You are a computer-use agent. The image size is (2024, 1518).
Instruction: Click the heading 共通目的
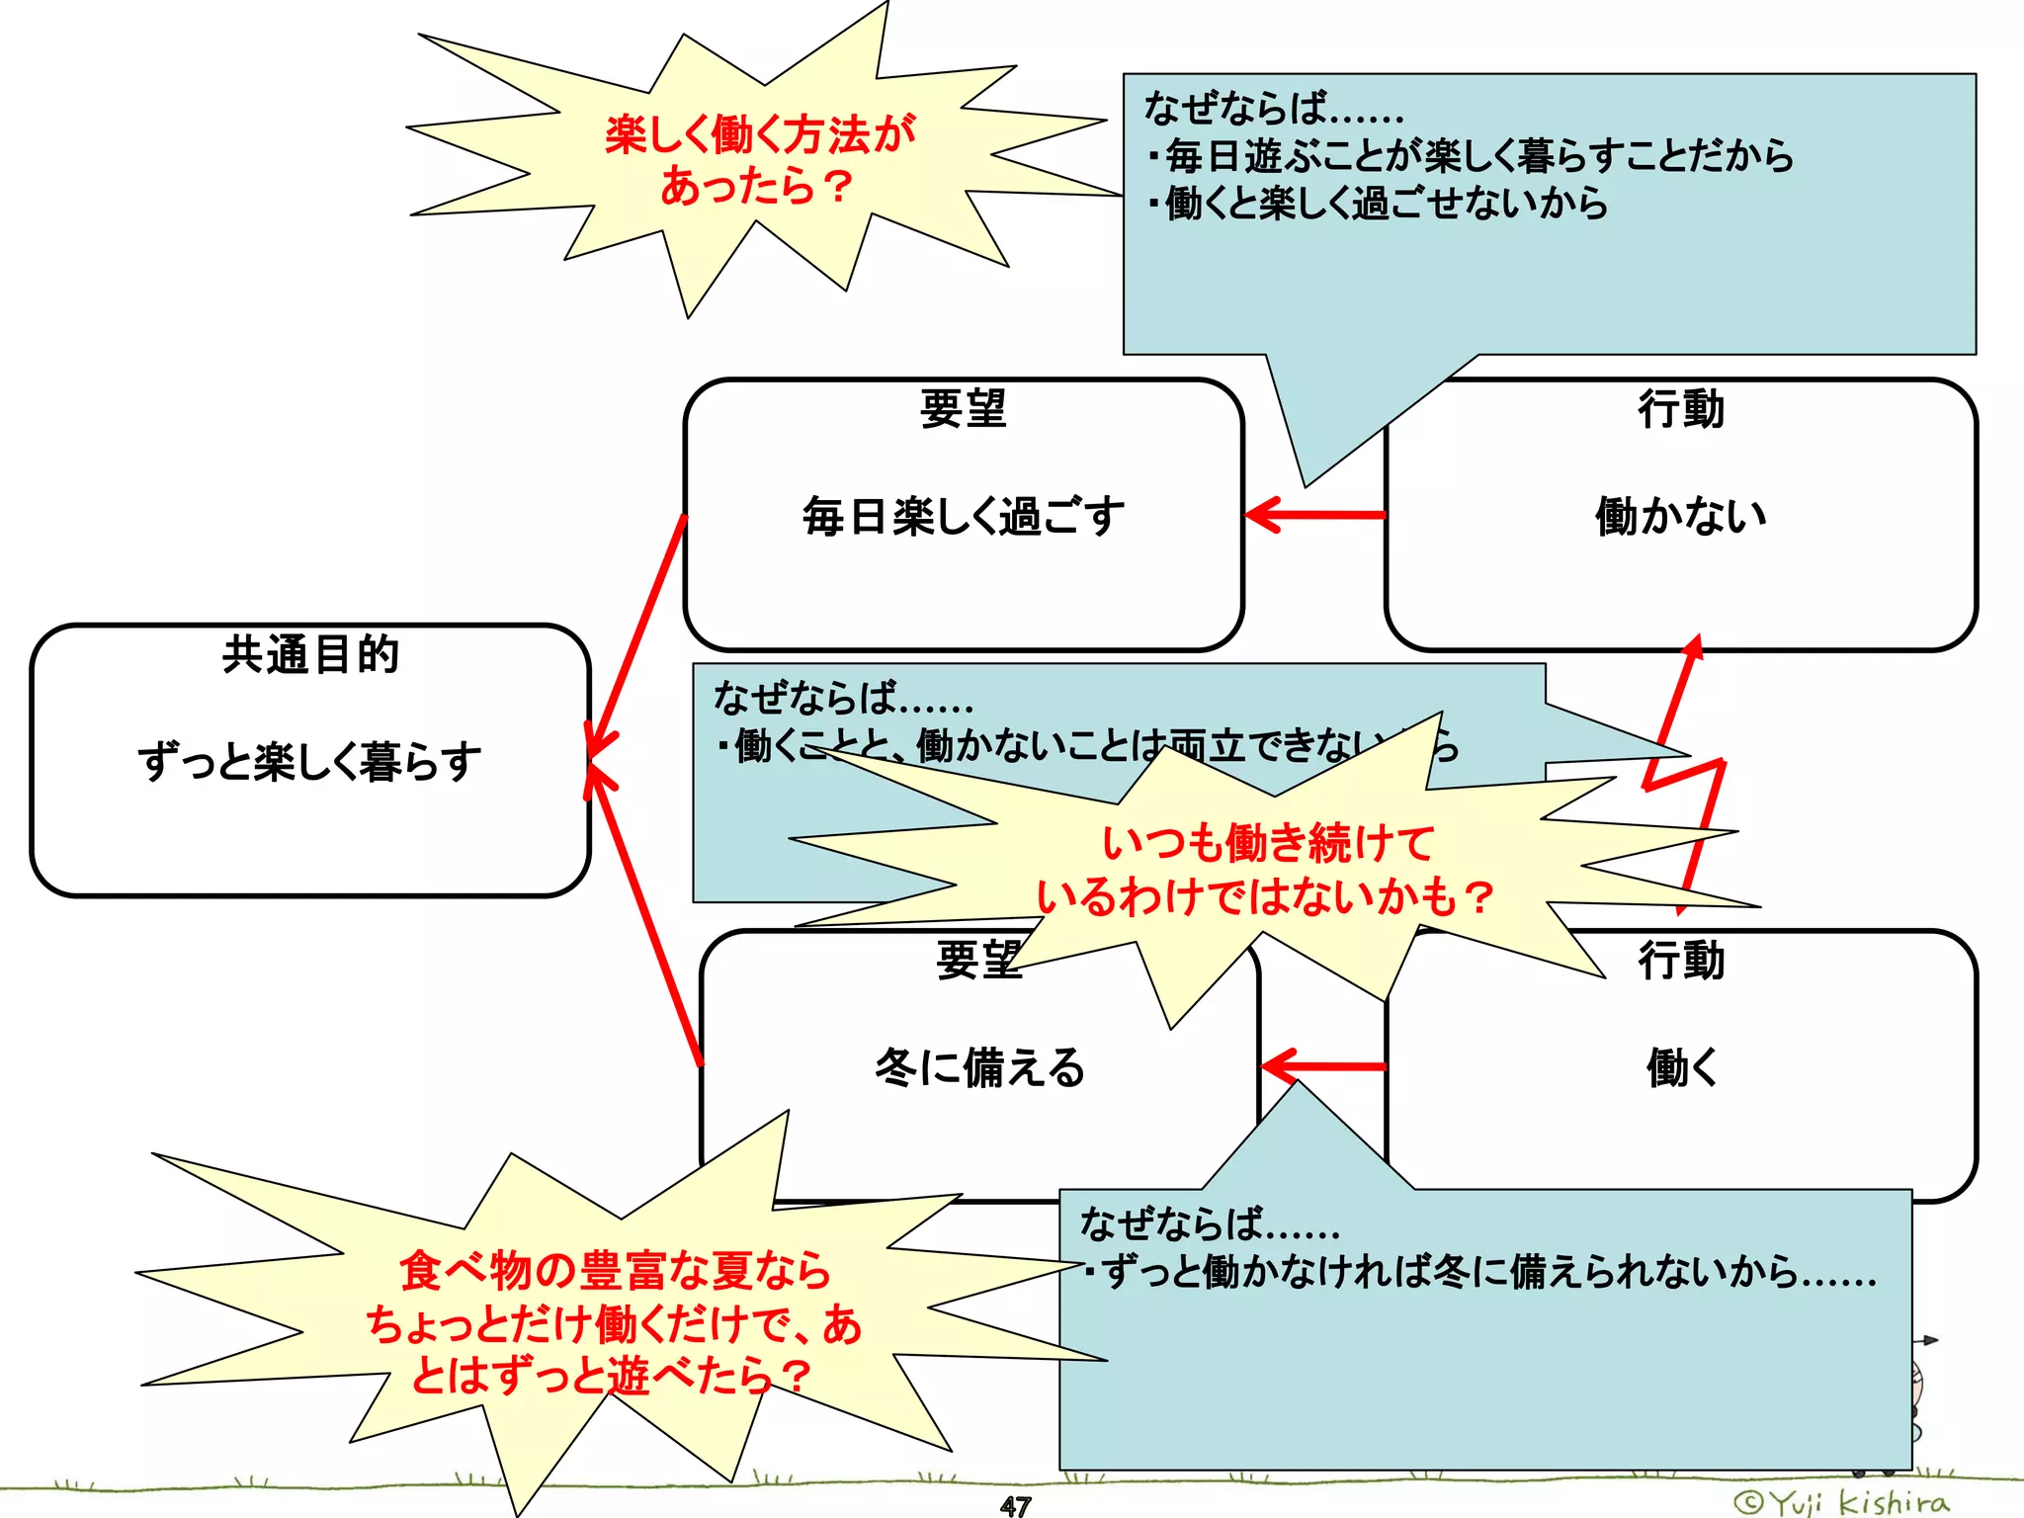[x=310, y=654]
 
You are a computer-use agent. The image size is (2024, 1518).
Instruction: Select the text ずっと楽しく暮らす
[x=310, y=762]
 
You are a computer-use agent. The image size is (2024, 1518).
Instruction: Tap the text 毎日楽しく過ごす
[x=964, y=516]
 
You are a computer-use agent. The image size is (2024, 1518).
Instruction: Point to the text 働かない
[x=1681, y=516]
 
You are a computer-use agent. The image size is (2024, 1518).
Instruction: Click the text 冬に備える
[x=979, y=1067]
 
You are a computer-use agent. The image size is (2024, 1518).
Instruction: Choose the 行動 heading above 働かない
[x=1681, y=409]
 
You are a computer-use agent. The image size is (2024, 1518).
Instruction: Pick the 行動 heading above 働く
[x=1681, y=960]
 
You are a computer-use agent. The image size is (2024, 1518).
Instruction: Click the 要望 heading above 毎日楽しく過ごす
[x=964, y=409]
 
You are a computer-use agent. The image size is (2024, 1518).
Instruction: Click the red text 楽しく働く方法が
[x=760, y=134]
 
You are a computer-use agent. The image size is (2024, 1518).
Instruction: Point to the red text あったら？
[x=756, y=186]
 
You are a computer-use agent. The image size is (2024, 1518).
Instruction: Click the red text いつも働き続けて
[x=1268, y=843]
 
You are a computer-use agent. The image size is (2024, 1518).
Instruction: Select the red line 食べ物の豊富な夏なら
[x=615, y=1271]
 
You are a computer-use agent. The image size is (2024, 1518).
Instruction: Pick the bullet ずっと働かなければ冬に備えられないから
[x=1487, y=1272]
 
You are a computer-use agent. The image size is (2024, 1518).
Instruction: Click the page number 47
[x=1015, y=1505]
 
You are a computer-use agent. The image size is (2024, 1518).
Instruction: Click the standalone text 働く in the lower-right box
[x=1681, y=1067]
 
